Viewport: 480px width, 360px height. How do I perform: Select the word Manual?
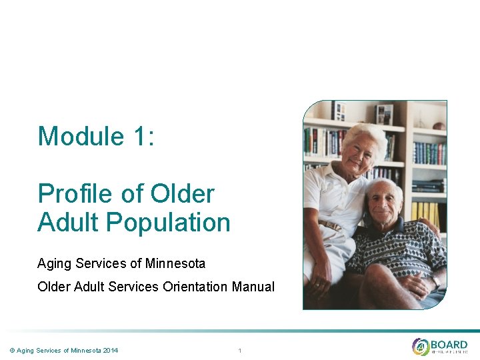[253, 287]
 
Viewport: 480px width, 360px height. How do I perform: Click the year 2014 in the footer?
[109, 350]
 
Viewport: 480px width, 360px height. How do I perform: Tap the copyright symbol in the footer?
[12, 350]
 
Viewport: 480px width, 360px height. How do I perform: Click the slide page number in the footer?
[239, 350]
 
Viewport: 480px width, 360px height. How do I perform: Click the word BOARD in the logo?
[449, 344]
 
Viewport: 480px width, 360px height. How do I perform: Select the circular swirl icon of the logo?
[421, 347]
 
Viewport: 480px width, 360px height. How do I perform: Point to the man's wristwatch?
[436, 281]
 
